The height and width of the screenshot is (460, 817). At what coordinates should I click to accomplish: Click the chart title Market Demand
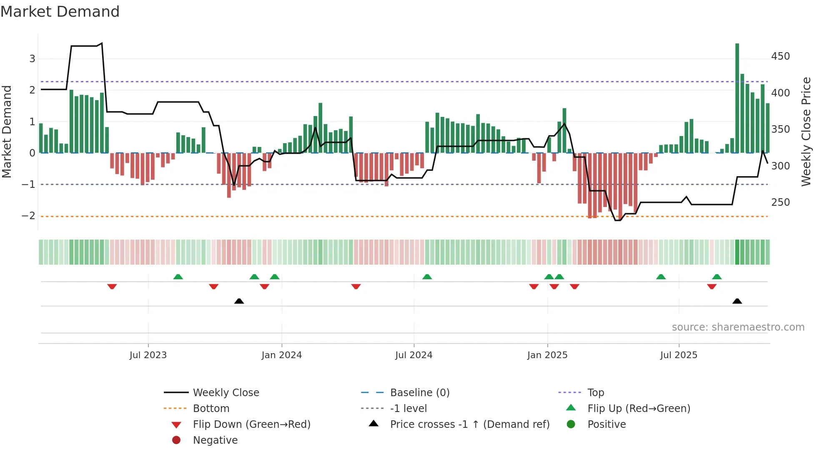[60, 12]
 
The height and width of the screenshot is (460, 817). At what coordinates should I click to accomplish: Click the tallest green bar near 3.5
[737, 98]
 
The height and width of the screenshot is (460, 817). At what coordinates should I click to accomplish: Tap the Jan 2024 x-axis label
[281, 355]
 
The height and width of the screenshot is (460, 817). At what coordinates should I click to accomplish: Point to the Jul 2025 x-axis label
[679, 355]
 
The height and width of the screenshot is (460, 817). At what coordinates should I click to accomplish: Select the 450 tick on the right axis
[780, 56]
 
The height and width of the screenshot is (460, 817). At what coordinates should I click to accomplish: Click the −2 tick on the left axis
[28, 216]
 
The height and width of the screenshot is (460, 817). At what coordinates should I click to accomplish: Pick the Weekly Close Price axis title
[806, 131]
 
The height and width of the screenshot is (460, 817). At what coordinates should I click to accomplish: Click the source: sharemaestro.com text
[738, 327]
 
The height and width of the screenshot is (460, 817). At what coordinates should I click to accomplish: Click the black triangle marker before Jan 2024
[239, 301]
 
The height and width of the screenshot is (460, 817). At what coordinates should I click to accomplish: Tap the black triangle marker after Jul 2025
[737, 301]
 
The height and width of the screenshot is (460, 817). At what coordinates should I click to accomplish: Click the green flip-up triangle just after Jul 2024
[427, 277]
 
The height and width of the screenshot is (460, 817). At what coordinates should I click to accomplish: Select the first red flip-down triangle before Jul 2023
[112, 286]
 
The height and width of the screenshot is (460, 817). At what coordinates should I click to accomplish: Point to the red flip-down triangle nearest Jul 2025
[712, 286]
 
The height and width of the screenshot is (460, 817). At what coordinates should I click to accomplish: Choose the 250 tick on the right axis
[780, 202]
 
